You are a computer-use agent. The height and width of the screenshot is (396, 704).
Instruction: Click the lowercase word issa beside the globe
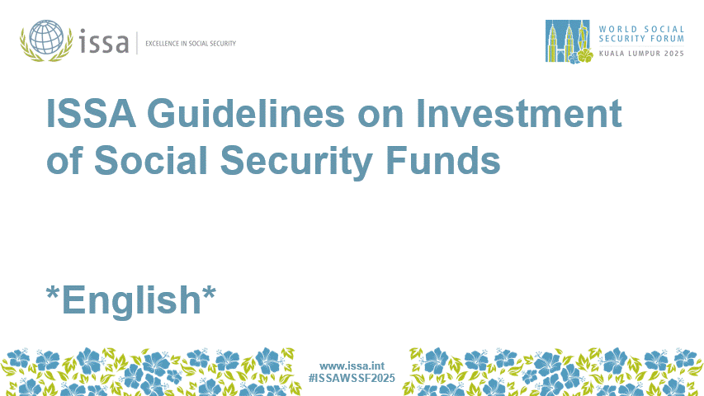coord(104,41)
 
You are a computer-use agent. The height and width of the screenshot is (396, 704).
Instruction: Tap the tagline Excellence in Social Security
coord(191,43)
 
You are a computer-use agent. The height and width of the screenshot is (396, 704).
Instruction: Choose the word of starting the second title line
coord(64,161)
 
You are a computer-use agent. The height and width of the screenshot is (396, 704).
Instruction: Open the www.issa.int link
coord(352,365)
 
